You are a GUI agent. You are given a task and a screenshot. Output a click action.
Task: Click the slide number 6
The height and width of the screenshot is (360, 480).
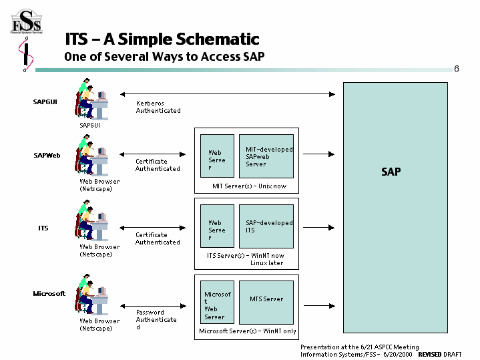(x=456, y=69)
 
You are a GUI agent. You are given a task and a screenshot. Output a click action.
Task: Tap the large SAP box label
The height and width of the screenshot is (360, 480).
(x=391, y=172)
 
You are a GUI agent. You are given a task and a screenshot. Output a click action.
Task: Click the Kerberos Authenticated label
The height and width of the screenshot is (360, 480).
(x=158, y=107)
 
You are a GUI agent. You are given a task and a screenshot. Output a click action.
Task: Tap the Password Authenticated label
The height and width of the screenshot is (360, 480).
(x=156, y=319)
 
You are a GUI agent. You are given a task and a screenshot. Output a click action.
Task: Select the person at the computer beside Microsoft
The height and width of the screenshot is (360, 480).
(x=91, y=295)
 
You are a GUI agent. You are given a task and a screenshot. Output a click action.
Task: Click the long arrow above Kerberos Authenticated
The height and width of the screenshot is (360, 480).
(x=226, y=94)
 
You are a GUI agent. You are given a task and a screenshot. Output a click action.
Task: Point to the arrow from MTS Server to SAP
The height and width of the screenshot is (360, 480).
(x=319, y=305)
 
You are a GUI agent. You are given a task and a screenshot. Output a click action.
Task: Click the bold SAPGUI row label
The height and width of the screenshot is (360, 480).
(x=45, y=102)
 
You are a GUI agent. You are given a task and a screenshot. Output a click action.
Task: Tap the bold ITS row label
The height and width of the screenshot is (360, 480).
(x=43, y=228)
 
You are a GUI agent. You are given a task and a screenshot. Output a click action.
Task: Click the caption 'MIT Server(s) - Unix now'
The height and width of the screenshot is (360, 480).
(x=249, y=186)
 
